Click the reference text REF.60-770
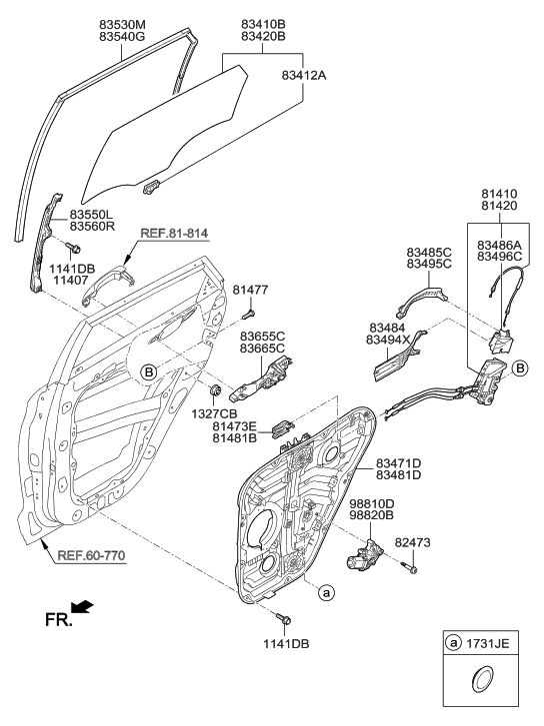pos(91,555)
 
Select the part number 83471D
pos(399,461)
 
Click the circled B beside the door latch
pos(519,368)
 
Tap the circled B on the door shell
pos(147,372)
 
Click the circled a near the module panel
pos(325,591)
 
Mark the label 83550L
pos(91,214)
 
